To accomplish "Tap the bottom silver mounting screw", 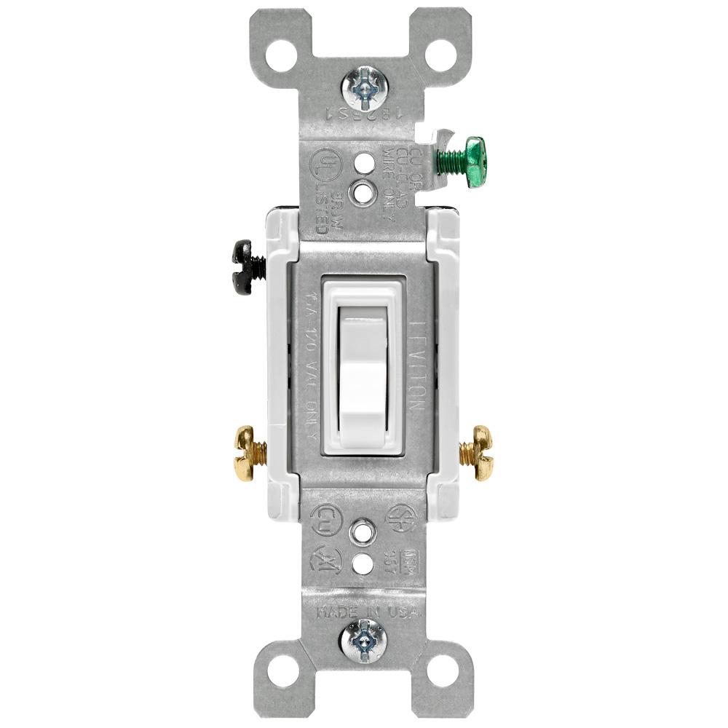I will tap(364, 641).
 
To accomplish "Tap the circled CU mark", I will tap(324, 519).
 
